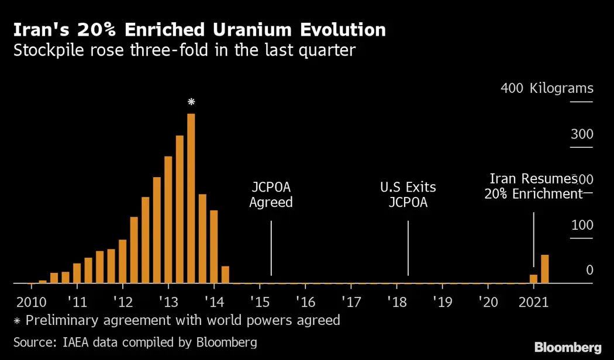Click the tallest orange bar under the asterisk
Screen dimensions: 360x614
191,199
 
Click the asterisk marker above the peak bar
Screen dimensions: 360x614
191,102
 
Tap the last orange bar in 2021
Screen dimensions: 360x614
544,269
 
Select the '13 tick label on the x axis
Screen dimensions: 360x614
168,302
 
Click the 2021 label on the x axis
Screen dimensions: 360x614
533,302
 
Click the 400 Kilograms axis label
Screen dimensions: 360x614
547,89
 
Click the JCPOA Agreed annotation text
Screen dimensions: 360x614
271,195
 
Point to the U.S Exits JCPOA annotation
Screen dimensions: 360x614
408,195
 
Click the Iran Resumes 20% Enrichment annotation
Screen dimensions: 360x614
533,186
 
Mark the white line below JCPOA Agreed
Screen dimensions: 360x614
271,248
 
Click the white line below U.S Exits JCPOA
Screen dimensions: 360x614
408,248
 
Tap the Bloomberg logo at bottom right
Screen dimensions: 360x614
568,346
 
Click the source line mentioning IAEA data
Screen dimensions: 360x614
135,341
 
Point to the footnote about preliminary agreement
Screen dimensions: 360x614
176,320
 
